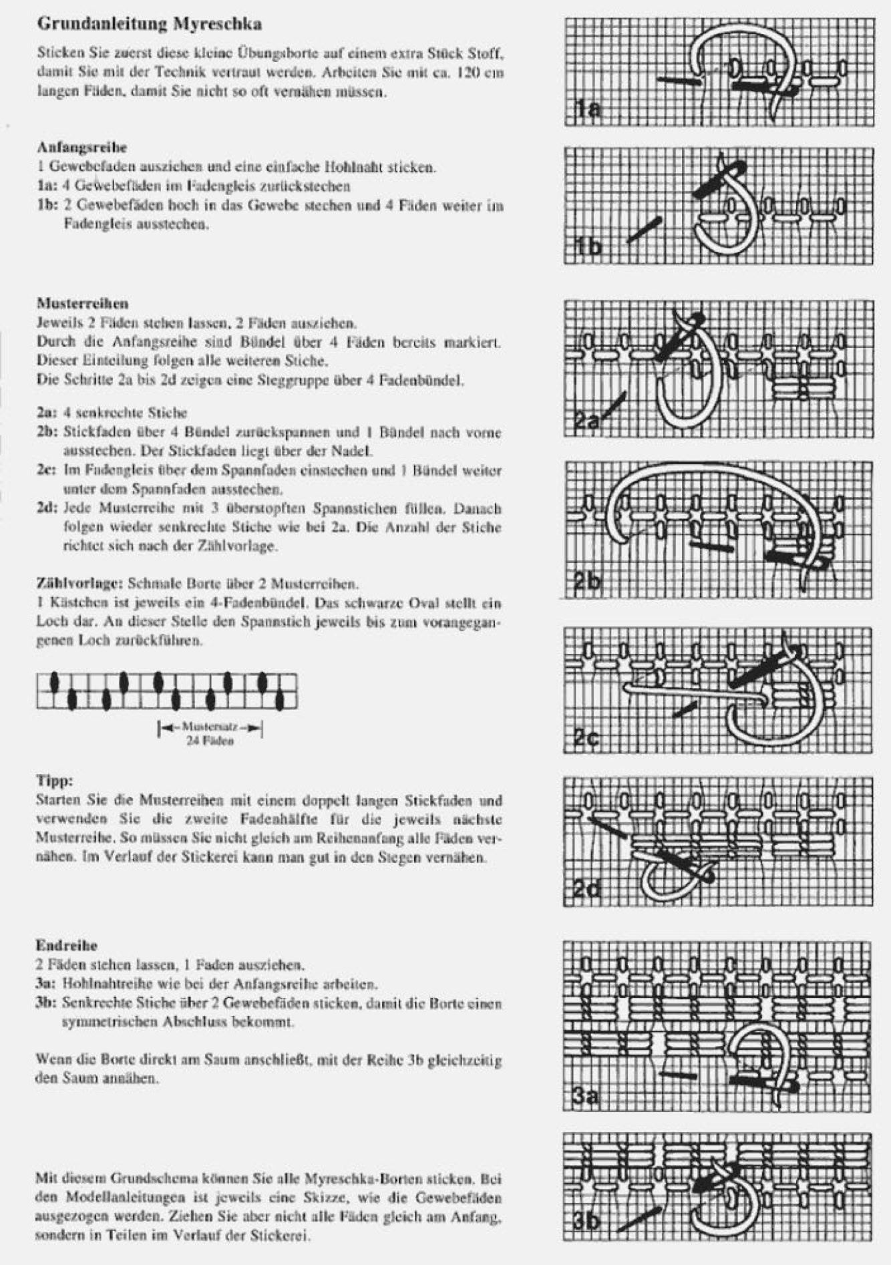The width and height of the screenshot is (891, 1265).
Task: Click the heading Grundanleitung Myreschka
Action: [150, 25]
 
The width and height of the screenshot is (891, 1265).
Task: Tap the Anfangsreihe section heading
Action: [82, 147]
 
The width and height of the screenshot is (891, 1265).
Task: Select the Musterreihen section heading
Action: [83, 304]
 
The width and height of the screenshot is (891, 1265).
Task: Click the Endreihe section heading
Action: [67, 945]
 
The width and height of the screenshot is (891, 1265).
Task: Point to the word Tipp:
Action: [54, 780]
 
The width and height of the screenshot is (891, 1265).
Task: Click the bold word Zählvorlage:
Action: [80, 584]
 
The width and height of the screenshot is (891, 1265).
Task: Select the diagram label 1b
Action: [588, 246]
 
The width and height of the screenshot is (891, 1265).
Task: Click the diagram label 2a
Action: [588, 421]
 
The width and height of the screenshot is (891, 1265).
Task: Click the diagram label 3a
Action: [587, 1096]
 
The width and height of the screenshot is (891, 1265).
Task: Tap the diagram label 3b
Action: [588, 1220]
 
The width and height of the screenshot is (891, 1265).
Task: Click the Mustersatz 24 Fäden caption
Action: [210, 734]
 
